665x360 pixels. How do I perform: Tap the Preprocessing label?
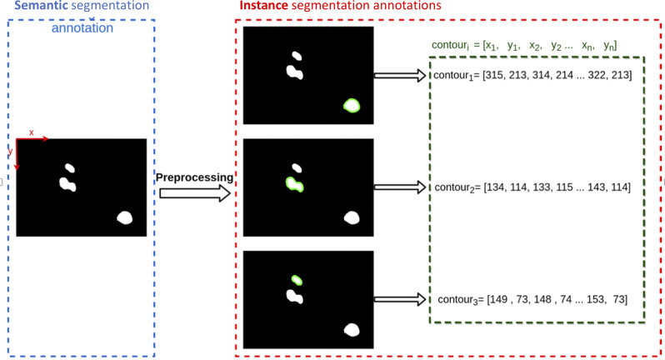click(194, 177)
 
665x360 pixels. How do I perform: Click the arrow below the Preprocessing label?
click(194, 193)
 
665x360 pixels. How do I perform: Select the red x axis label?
click(32, 132)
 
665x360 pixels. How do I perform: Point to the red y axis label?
click(11, 151)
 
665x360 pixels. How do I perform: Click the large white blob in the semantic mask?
click(125, 218)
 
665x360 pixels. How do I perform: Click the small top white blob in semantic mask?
click(70, 167)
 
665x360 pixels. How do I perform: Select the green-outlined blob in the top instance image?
click(352, 105)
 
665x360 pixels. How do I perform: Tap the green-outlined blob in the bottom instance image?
click(296, 281)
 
